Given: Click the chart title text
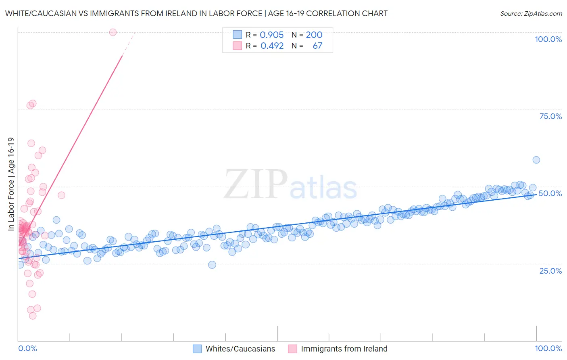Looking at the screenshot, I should coord(196,13).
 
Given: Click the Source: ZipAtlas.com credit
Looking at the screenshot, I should coord(531,13).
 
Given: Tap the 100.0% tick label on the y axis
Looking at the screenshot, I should coord(548,39).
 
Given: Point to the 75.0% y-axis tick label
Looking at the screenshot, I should coord(550,116).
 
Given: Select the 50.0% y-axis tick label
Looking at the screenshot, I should coord(550,193).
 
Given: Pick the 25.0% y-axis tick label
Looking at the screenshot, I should coord(550,270).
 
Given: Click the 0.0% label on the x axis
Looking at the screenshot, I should coord(27,348).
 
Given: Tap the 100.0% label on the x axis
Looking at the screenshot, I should coord(548,348).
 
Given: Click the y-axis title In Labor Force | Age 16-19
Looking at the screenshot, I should coord(11,184).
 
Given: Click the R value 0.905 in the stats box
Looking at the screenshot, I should coord(271,35).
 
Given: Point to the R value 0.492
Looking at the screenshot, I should coord(272,46).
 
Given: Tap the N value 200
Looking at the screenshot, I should coord(314,35).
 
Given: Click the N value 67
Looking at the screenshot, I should coord(317,46).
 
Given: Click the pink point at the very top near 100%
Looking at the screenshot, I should coord(113,32).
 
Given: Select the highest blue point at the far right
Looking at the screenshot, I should coord(536,160).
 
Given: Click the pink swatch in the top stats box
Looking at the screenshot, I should coord(237,46).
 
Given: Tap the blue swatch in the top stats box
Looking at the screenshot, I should coord(237,35).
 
